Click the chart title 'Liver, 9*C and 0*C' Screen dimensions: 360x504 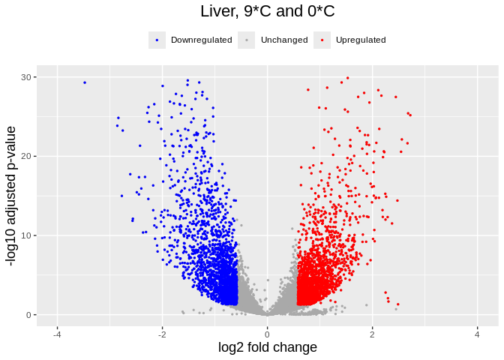coord(267,12)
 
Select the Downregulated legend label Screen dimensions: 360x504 coord(201,40)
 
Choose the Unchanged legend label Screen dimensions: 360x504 coord(284,40)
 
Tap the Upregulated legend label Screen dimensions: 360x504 coord(361,40)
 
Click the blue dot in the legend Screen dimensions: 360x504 coord(157,40)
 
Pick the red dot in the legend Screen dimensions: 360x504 coord(322,40)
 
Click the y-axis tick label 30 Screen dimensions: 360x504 coord(27,77)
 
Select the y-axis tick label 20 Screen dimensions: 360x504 coord(27,157)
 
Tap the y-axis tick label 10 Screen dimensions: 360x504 coord(27,235)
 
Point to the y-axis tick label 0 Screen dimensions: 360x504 coord(29,315)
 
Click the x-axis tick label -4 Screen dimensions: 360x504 coord(57,334)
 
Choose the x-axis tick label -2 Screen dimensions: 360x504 coord(162,334)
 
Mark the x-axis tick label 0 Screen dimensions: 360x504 coord(267,334)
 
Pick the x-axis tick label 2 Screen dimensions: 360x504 coord(372,334)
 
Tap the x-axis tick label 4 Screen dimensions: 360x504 coord(477,334)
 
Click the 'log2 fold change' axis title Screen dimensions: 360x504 coord(267,347)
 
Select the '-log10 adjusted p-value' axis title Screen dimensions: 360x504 coord(11,196)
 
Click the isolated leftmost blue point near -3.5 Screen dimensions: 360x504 coord(85,82)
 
